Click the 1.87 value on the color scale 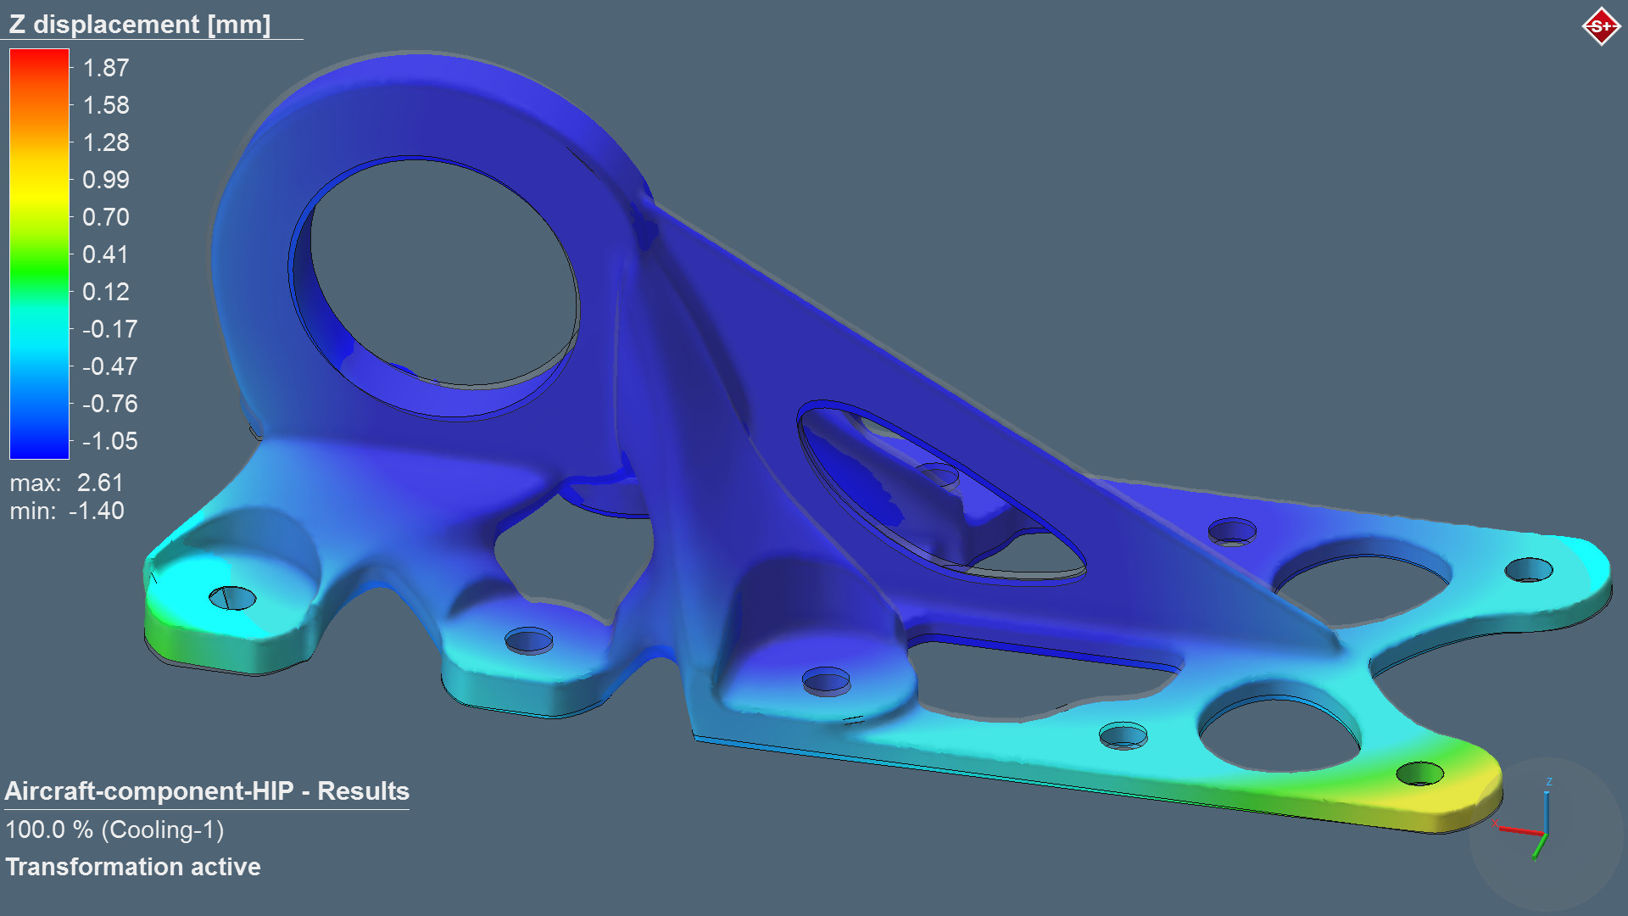106,68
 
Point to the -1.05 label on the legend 109,441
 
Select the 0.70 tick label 106,217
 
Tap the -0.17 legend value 109,329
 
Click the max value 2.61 100,483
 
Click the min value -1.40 96,511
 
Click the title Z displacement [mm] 140,24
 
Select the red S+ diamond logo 1601,26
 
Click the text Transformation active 133,867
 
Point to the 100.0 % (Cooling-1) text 114,829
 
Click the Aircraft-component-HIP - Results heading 207,791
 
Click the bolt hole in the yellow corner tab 1419,774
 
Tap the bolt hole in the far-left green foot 232,598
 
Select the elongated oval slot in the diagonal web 941,492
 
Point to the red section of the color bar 39,68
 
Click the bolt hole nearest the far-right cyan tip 1528,569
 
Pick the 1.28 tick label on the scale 106,142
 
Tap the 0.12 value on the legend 106,292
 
